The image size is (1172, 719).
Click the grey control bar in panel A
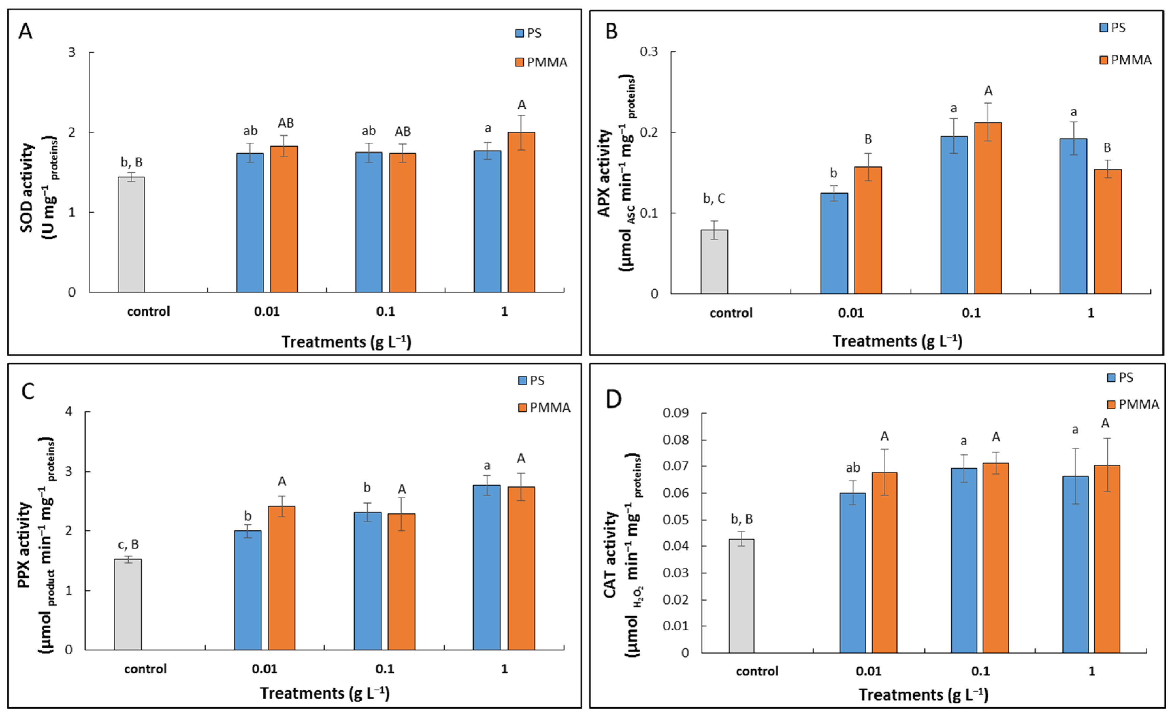(x=131, y=235)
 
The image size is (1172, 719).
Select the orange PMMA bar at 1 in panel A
(x=521, y=212)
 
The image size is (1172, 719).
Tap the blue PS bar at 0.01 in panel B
(x=834, y=243)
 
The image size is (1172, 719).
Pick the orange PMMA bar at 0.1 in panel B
(x=988, y=208)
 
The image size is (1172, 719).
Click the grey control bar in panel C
(x=128, y=604)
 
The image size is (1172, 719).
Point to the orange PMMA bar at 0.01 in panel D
(x=884, y=562)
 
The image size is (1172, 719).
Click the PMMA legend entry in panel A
(x=541, y=62)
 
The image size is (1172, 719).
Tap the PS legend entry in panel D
(x=1120, y=377)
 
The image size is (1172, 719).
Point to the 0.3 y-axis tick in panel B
(x=649, y=51)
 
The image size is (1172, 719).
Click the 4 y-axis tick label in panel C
(x=69, y=411)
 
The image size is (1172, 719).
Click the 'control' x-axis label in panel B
(x=731, y=313)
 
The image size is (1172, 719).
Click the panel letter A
(x=25, y=31)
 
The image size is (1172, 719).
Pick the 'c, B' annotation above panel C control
(x=128, y=544)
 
